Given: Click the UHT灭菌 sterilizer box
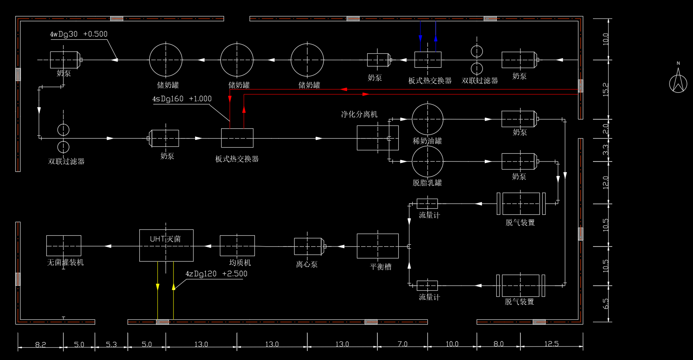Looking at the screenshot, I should (x=166, y=245).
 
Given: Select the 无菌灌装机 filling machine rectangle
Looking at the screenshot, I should (x=64, y=246).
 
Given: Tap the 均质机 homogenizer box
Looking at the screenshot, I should (x=237, y=246).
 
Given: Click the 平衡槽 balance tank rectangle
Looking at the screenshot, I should (x=377, y=246).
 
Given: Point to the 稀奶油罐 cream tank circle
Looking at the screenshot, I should (x=427, y=119).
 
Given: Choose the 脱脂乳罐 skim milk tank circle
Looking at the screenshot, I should (x=427, y=162).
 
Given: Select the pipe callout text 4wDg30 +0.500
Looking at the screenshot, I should (x=79, y=34).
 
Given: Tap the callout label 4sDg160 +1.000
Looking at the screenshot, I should (x=182, y=99).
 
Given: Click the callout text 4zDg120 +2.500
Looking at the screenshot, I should (x=216, y=274).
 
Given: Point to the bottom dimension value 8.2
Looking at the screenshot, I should (x=41, y=344).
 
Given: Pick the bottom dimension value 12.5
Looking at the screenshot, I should (x=551, y=344).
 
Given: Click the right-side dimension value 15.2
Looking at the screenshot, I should (x=606, y=89).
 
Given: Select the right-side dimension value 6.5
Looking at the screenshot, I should (x=606, y=303).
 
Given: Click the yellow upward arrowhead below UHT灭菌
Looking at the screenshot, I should (x=173, y=286).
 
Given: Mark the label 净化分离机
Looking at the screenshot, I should (x=359, y=114).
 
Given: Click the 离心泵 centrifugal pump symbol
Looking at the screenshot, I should (x=309, y=246).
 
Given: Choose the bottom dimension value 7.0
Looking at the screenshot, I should (x=402, y=344).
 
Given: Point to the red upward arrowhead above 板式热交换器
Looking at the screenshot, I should (x=244, y=109).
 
